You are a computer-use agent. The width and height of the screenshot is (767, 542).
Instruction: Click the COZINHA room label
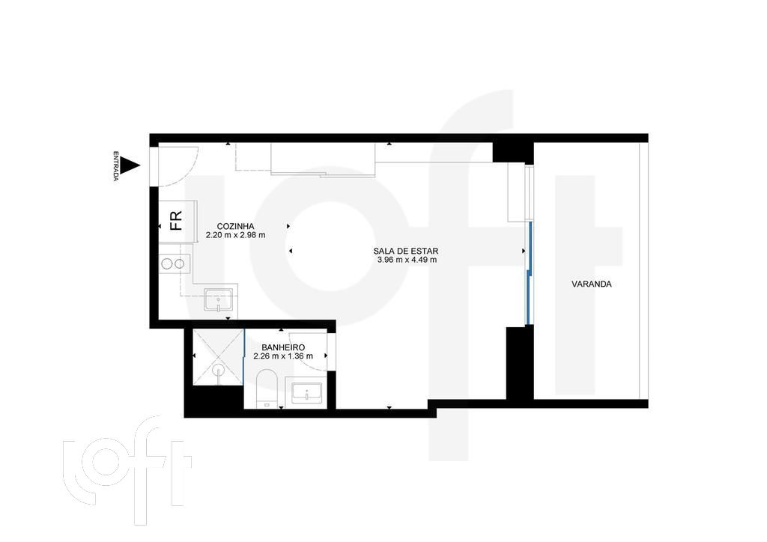coord(235,226)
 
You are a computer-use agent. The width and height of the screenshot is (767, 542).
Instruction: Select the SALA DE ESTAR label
coord(406,252)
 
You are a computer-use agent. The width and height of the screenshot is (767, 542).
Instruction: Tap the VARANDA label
coord(591,284)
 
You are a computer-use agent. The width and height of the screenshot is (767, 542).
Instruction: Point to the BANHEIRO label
coord(282,347)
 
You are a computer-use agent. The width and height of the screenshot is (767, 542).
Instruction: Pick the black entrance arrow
coord(131,166)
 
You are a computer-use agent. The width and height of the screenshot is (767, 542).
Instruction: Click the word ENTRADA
coord(116,167)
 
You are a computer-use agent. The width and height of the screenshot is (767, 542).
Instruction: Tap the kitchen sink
coord(219,301)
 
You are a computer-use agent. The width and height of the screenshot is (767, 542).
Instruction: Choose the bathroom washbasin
coord(306,392)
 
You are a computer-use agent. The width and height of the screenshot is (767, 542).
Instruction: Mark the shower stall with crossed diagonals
coord(218,357)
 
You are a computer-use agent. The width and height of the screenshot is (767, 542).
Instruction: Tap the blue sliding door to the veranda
coord(528,273)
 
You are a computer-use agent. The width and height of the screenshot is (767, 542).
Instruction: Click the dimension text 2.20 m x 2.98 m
coord(235,235)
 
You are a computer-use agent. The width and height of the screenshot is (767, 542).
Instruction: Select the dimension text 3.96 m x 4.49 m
coord(407,261)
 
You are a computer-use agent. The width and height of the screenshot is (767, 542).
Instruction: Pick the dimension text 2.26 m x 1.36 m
coord(282,356)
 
